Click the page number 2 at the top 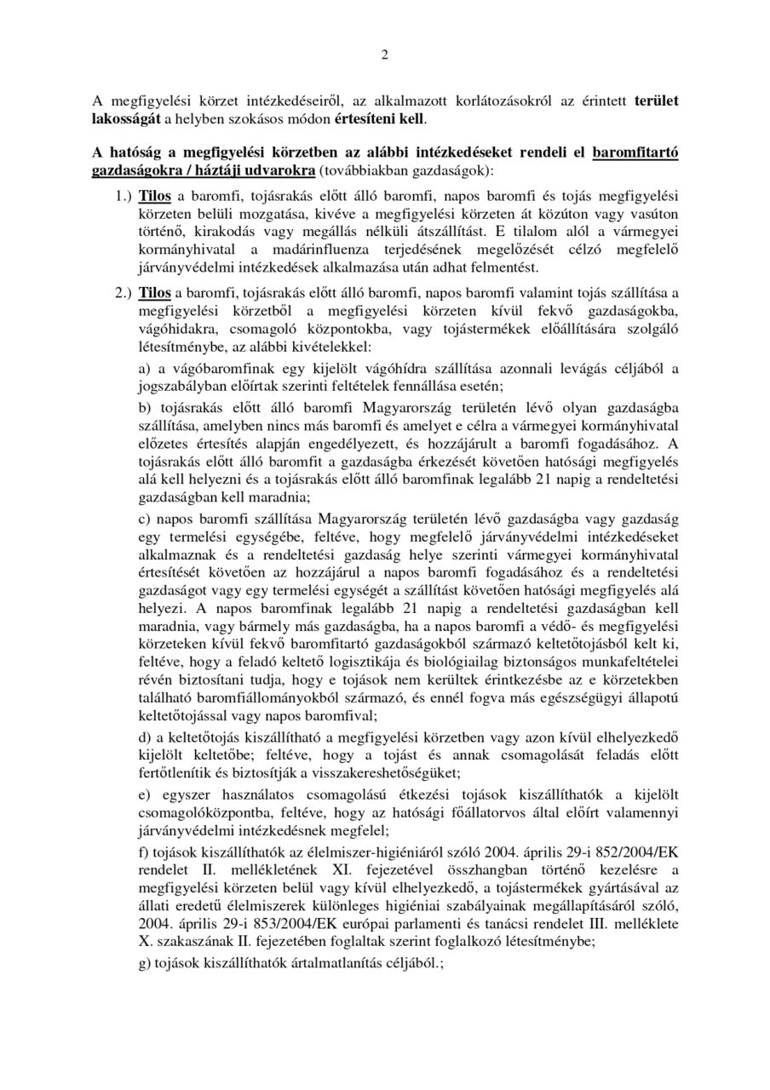(x=384, y=56)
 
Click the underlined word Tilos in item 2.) (x=155, y=292)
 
